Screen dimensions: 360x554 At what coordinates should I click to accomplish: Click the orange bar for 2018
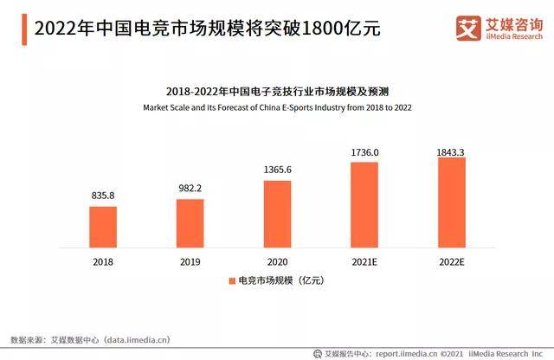pos(102,226)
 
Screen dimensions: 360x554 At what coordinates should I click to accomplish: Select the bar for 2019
pos(190,222)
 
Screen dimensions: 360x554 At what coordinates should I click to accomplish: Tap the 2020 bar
pos(277,213)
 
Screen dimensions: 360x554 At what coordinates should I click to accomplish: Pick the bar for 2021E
pos(364,203)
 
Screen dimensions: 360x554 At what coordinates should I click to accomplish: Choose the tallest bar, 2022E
pos(452,201)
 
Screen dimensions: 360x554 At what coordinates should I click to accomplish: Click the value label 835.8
pos(102,195)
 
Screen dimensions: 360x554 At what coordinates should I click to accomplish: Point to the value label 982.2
pos(190,188)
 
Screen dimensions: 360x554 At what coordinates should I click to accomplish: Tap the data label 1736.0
pos(364,151)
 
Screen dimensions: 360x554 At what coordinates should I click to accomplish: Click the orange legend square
pos(232,281)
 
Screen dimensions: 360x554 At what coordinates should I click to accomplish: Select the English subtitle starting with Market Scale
pos(277,108)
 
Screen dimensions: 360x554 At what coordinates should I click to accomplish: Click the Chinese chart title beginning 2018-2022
pos(277,91)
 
